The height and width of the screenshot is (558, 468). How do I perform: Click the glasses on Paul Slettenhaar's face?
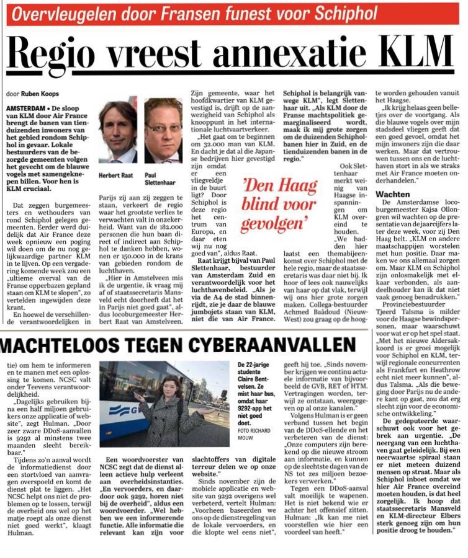tap(163, 127)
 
